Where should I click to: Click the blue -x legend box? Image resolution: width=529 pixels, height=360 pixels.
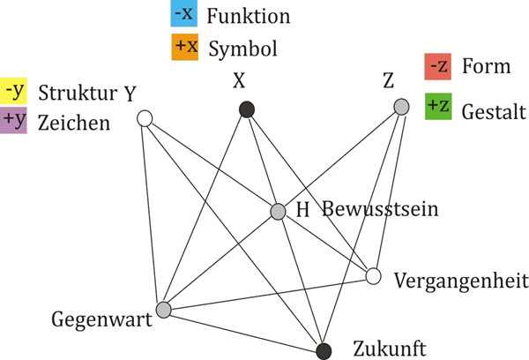(x=184, y=16)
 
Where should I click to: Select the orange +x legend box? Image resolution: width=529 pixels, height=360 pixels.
(x=184, y=46)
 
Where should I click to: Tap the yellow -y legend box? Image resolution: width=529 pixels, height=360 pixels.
(x=16, y=90)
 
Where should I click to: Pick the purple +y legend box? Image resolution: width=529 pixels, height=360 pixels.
(x=16, y=120)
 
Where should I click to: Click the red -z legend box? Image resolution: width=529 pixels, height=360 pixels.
(x=437, y=66)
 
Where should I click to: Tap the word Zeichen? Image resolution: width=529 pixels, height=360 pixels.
(x=74, y=121)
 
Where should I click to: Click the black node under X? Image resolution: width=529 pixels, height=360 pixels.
(x=248, y=110)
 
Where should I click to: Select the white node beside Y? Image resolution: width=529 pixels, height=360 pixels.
(x=145, y=118)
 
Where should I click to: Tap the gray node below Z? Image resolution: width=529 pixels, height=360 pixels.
(x=402, y=108)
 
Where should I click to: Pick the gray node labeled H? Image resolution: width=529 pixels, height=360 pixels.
(x=279, y=212)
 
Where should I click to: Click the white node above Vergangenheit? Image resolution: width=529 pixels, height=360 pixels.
(x=374, y=277)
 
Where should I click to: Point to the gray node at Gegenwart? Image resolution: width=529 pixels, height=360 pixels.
(x=163, y=310)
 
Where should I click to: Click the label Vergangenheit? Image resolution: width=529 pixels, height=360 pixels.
(x=461, y=281)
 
